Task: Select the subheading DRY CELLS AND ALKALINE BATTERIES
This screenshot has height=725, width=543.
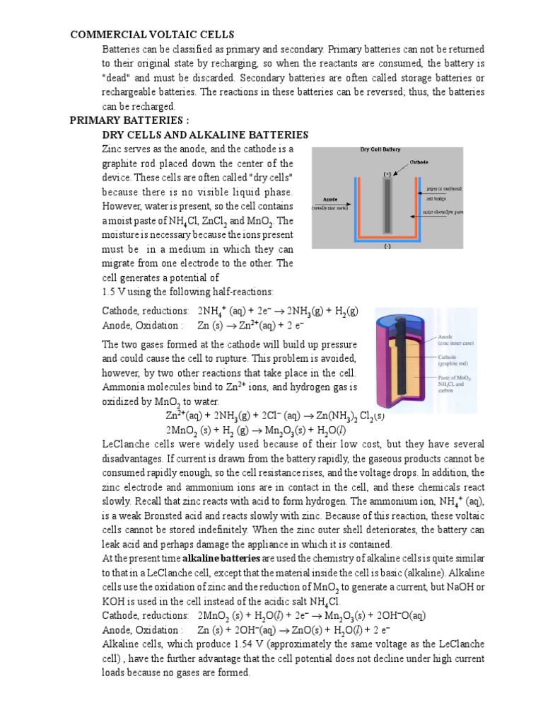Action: [205, 134]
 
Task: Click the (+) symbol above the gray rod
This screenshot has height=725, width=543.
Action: [387, 173]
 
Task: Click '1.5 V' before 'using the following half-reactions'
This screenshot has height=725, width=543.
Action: [114, 292]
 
